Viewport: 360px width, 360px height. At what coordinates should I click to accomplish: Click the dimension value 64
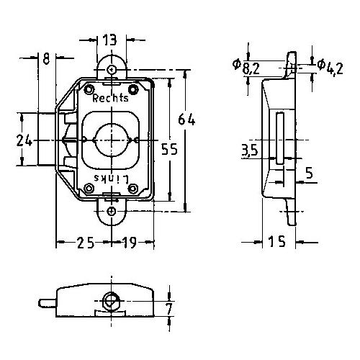pos(186,120)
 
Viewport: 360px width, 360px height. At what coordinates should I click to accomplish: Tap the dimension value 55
pos(169,149)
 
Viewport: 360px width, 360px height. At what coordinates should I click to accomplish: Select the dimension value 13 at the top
pos(109,40)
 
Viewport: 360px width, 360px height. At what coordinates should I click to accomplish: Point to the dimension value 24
pos(24,140)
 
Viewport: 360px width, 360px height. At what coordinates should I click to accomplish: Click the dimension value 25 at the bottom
pos(85,243)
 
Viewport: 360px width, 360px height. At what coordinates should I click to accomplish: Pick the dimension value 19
pos(130,243)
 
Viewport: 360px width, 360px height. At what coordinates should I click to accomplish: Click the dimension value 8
pos(46,58)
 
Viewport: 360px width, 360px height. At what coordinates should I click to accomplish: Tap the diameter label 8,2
pos(247,67)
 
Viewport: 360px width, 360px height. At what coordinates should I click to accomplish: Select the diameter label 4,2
pos(330,67)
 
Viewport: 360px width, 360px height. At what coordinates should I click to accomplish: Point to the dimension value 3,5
pos(250,150)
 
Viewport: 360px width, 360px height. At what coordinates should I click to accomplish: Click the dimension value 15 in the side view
pos(277,241)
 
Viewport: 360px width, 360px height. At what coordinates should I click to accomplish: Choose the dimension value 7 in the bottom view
pos(169,309)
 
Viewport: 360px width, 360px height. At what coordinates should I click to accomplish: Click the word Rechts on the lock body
pos(110,98)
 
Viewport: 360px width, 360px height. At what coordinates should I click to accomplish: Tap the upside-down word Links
pos(112,179)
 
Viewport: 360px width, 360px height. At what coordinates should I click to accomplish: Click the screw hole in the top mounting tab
pos(112,70)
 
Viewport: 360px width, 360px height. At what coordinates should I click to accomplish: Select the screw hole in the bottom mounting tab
pos(112,212)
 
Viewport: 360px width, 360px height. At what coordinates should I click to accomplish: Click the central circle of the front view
pos(112,140)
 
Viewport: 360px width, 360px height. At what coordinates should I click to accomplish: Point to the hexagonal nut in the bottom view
pos(111,301)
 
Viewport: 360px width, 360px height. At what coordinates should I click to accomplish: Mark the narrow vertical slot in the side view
pos(279,138)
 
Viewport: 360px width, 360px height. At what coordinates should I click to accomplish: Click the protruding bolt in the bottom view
pos(48,303)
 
